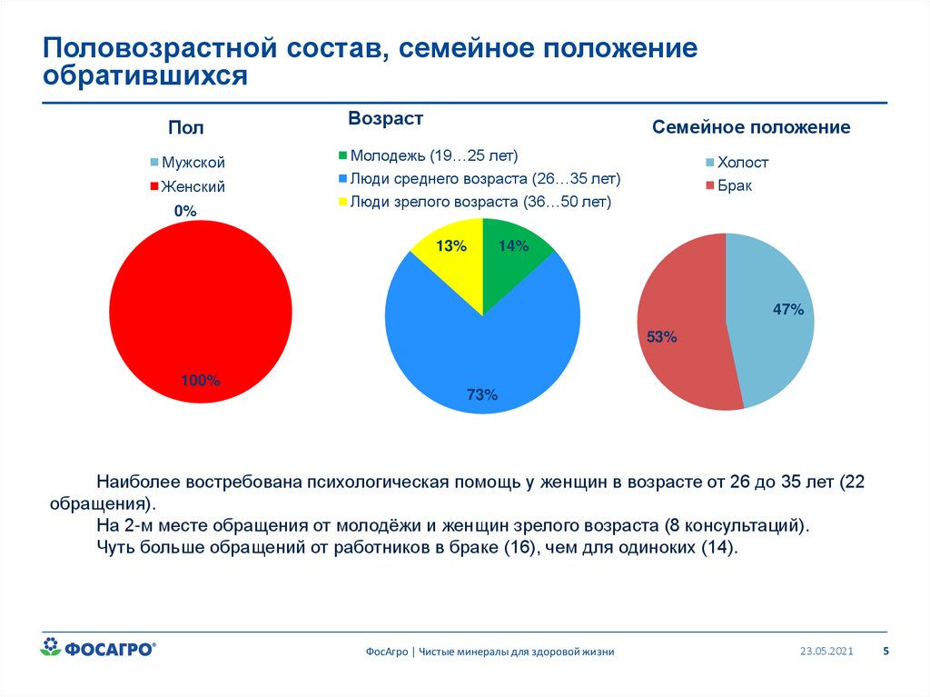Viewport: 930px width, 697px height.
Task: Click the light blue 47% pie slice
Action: point(772,318)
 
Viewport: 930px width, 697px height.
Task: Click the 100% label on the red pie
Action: point(200,381)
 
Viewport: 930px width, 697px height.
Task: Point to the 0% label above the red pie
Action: point(185,211)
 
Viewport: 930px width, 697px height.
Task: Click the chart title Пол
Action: point(185,128)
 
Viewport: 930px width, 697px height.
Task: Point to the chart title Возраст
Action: point(385,119)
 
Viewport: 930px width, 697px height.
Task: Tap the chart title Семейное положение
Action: point(751,127)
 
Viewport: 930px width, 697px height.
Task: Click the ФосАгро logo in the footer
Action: point(99,648)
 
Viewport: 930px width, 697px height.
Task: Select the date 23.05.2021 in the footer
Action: point(826,651)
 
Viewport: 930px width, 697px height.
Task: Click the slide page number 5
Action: point(886,651)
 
